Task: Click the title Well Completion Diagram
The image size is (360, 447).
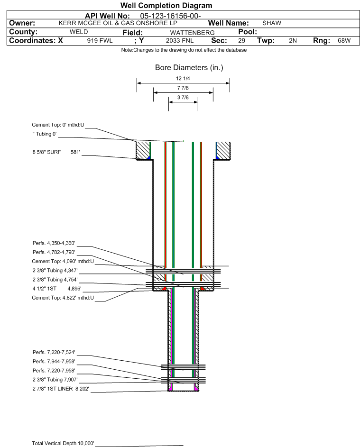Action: pos(166,6)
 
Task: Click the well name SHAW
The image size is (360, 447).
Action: pos(271,23)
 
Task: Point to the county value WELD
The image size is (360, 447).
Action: pos(78,32)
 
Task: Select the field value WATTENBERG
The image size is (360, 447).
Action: pos(192,32)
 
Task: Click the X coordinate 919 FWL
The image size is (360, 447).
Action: pos(100,41)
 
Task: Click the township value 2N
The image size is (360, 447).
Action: pos(293,41)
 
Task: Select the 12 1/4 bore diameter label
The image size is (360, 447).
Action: pos(183,78)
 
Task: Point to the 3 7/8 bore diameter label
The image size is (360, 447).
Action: pos(183,98)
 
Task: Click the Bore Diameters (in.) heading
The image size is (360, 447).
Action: pos(189,68)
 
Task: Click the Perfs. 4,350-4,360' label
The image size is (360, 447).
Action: pos(54,243)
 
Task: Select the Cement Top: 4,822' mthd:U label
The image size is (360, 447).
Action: pos(63,298)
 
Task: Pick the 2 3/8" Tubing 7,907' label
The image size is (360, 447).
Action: pos(55,380)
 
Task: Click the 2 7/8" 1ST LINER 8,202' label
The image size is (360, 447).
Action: pos(60,389)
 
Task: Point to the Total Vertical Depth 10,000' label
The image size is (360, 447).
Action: pos(63,443)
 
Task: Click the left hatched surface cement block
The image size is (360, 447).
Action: pos(143,151)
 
